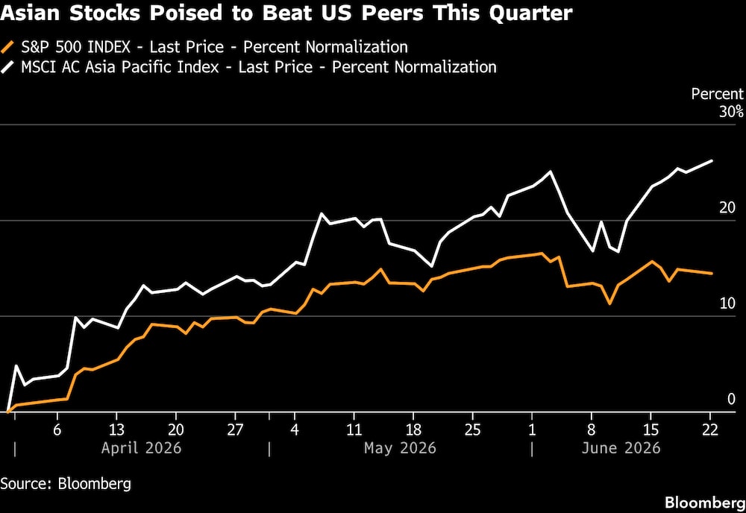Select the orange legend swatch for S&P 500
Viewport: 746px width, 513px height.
(x=8, y=47)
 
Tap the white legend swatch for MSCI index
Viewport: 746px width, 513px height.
(x=8, y=67)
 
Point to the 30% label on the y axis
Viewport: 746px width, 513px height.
(x=731, y=112)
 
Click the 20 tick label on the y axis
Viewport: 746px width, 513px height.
(x=727, y=208)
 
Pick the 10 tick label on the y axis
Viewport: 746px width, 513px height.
(x=727, y=303)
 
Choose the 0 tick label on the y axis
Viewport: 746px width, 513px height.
(x=732, y=400)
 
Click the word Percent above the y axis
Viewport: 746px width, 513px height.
(x=717, y=94)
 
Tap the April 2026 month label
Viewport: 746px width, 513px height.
(x=141, y=448)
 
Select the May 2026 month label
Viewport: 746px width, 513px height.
(x=400, y=448)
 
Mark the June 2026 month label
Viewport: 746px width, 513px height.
(x=621, y=448)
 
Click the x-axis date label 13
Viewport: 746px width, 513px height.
(x=116, y=429)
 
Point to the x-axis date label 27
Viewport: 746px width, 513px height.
(x=235, y=429)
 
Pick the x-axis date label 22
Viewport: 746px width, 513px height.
(x=710, y=429)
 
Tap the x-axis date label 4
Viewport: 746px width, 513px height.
(x=295, y=429)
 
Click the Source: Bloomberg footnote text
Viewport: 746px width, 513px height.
(x=66, y=484)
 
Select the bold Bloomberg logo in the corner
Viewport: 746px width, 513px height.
(x=705, y=503)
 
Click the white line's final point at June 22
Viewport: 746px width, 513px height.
(x=712, y=161)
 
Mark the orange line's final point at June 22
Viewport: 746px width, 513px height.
(x=712, y=274)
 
